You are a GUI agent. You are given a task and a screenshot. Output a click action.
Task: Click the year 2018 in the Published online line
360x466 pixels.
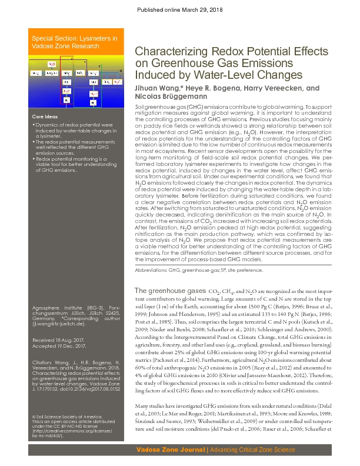point(215,11)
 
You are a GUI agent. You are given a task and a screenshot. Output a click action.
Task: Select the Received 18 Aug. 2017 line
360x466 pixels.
point(58,341)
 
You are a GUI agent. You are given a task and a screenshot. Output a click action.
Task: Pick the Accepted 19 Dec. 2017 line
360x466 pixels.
point(59,347)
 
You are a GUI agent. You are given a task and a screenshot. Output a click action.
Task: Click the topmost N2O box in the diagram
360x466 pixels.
point(52,64)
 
